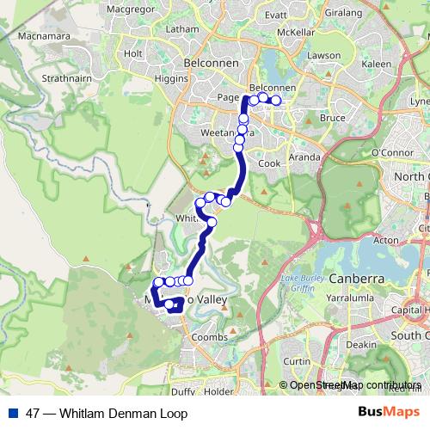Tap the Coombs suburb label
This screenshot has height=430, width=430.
(209, 337)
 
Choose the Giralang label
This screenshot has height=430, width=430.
(342, 15)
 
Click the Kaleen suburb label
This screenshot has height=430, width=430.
(377, 64)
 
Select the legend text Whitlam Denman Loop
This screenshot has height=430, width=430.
(112, 413)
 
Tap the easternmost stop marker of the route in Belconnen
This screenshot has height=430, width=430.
(276, 101)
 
